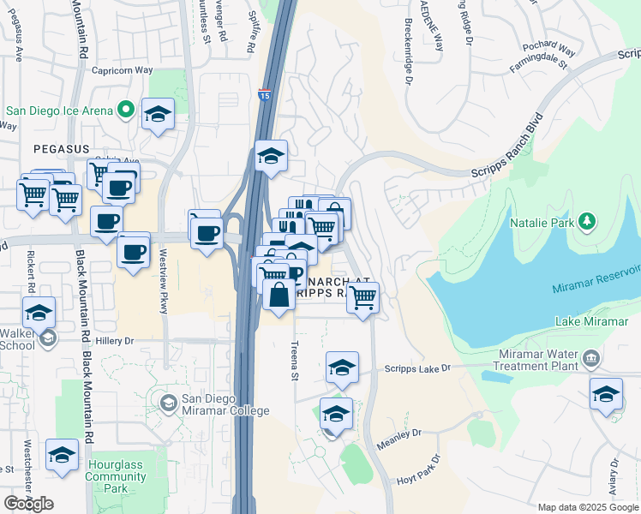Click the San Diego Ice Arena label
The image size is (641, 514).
(59, 111)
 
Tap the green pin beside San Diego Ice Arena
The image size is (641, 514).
(126, 111)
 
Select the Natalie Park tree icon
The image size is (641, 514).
(587, 222)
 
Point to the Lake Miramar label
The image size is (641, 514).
(585, 321)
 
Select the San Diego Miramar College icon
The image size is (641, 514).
(168, 402)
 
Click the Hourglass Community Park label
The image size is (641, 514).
(116, 476)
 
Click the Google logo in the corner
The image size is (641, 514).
(29, 504)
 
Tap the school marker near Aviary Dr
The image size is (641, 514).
(606, 395)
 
